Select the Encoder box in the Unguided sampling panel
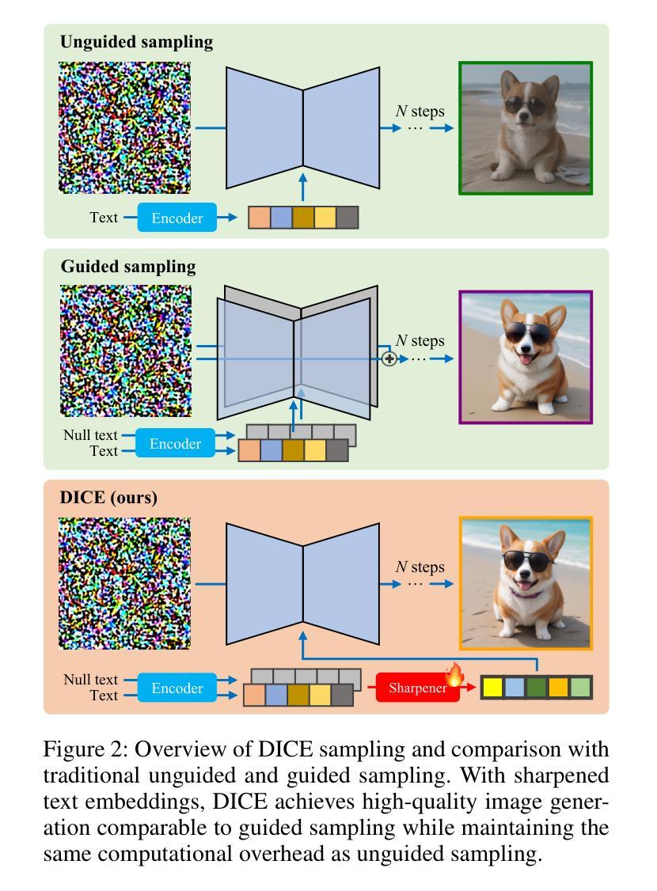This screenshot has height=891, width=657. click(177, 218)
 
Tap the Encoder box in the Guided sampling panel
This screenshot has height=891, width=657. click(175, 444)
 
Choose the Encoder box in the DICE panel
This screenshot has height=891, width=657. click(177, 688)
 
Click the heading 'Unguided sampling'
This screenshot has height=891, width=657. click(136, 43)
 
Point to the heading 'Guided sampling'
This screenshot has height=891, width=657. click(127, 267)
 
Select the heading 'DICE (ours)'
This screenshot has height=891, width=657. click(108, 498)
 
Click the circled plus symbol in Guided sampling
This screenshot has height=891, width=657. click(389, 358)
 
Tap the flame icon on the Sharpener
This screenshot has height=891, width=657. click(454, 675)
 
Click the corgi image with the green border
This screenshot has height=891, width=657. click(526, 128)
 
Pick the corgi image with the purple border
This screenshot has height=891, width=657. click(526, 358)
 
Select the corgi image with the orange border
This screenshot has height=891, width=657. click(526, 583)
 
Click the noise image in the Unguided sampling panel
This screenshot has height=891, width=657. click(125, 127)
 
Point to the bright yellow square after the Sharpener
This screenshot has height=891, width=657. click(492, 688)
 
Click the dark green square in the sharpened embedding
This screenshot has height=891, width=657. click(537, 688)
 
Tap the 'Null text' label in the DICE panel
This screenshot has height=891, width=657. click(90, 679)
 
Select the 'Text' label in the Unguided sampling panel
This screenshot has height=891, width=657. click(104, 217)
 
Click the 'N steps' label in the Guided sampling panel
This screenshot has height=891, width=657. click(420, 340)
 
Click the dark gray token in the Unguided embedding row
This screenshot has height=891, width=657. click(347, 218)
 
